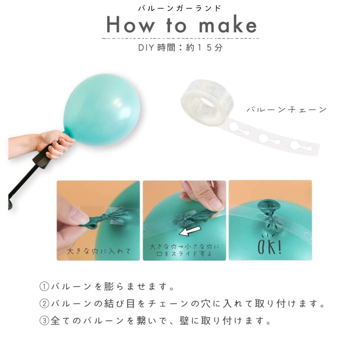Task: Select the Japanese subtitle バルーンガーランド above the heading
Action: [x=180, y=9]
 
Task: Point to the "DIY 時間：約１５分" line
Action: [x=180, y=48]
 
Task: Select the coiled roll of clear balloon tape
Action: [x=207, y=101]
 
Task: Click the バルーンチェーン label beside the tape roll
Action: [x=287, y=109]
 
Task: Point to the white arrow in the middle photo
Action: [x=190, y=230]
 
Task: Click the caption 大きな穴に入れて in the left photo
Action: [x=99, y=251]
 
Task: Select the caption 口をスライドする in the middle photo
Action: [x=184, y=254]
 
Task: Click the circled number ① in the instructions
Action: [x=44, y=287]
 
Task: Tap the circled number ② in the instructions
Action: [x=44, y=304]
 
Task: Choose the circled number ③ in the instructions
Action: [x=44, y=321]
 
